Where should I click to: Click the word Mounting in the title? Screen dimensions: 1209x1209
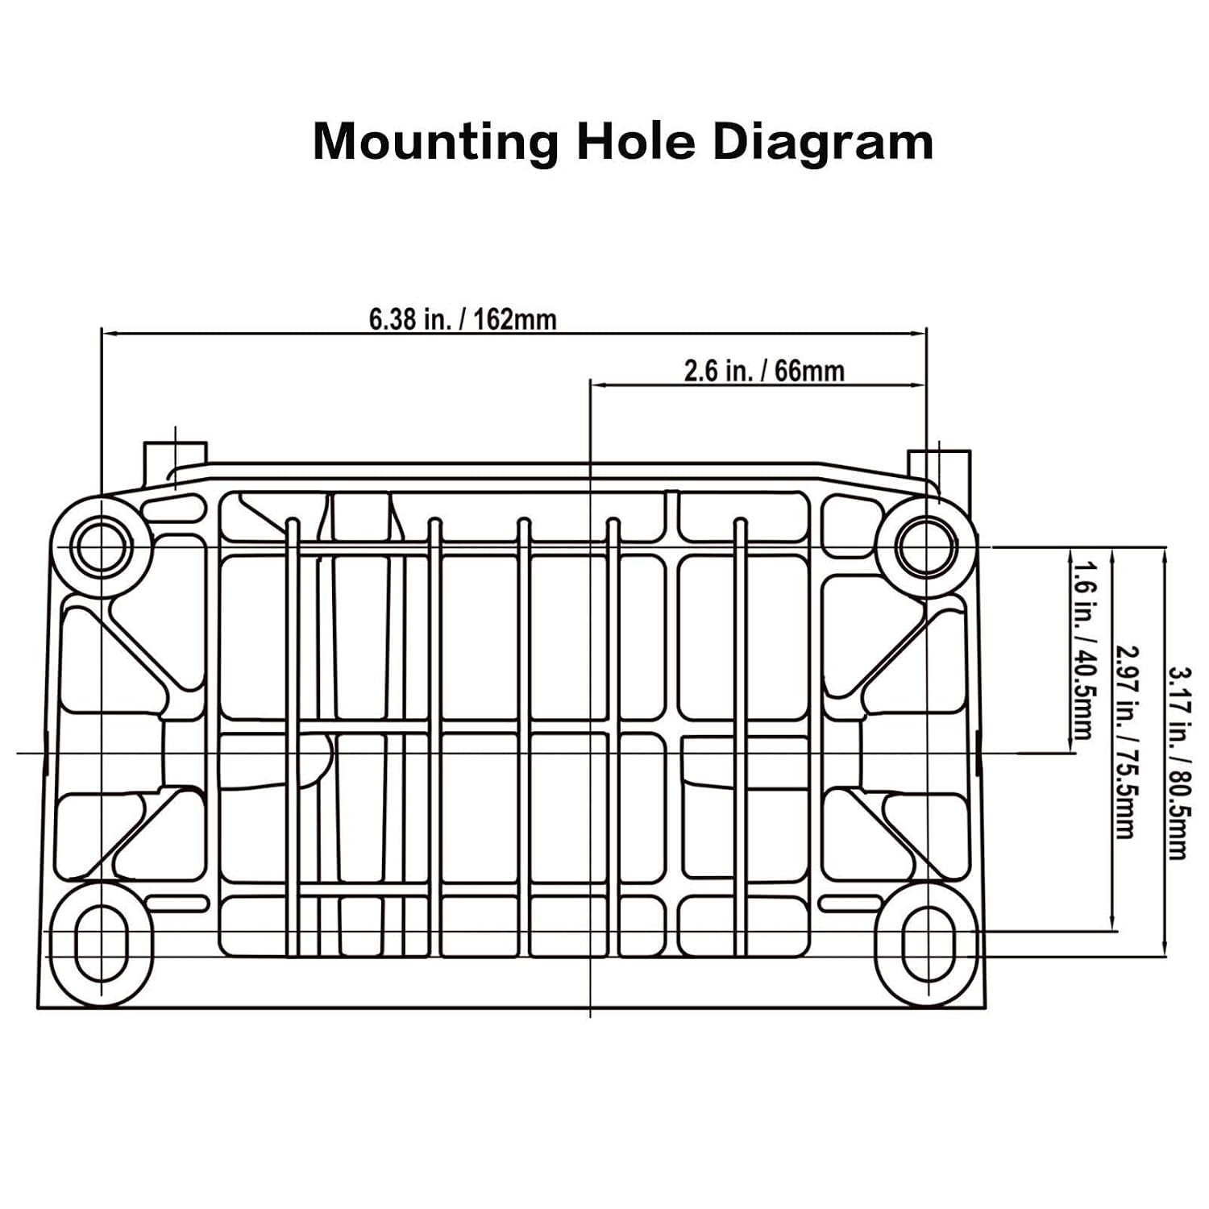point(435,143)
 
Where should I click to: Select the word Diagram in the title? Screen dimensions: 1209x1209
point(823,143)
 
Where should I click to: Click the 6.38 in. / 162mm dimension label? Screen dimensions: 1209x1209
point(463,319)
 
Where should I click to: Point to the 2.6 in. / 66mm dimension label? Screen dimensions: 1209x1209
point(764,371)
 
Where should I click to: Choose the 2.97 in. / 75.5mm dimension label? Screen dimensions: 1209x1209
point(1126,742)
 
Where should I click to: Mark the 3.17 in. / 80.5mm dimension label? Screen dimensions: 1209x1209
point(1178,762)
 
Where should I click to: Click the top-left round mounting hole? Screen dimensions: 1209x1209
point(101,546)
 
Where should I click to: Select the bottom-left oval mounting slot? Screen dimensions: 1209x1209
point(101,943)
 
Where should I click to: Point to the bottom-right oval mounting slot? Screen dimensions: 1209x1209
point(927,943)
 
